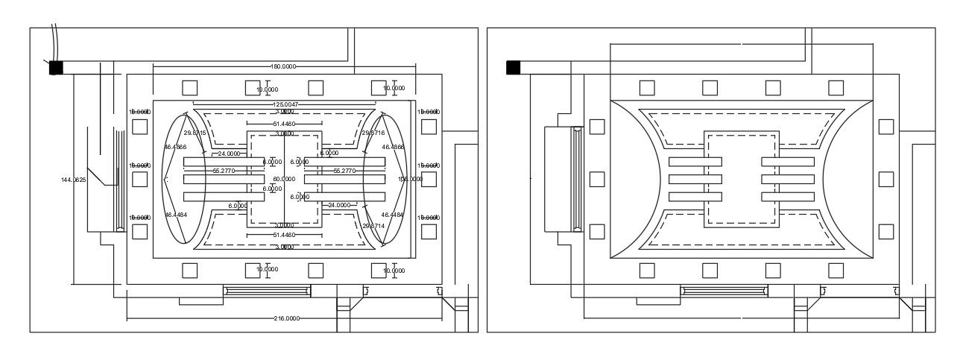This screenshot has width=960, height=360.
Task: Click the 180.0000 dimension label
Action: [x=282, y=66]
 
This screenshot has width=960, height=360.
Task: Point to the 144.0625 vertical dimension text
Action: [x=74, y=180]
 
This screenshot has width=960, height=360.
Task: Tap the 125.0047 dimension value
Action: [x=285, y=104]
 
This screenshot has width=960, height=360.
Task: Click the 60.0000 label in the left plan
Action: [x=284, y=180]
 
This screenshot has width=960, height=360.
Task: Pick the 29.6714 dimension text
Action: [x=373, y=225]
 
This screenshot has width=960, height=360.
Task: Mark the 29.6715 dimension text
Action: [x=195, y=133]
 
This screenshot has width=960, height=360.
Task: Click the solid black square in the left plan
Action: [x=56, y=68]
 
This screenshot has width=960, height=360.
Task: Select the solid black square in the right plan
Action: [x=513, y=68]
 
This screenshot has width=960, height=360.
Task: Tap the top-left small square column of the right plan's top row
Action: [x=647, y=88]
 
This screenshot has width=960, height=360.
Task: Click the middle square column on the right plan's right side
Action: [x=885, y=180]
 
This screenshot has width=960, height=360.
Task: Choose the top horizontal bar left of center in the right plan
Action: [x=695, y=162]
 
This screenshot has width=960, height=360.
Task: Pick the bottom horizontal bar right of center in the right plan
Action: [x=787, y=197]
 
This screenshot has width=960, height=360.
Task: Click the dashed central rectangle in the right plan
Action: [x=742, y=179]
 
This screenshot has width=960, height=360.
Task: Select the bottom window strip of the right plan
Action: [x=724, y=291]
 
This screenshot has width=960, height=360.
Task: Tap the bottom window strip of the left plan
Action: [x=268, y=291]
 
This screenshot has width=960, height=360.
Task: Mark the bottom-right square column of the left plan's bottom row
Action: [x=379, y=271]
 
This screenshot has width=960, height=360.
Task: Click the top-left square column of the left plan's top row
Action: [x=190, y=88]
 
